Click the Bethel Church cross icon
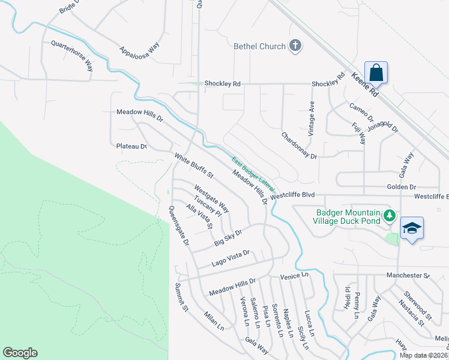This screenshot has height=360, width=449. tap(295, 45)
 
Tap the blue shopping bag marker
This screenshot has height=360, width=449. tap(376, 73)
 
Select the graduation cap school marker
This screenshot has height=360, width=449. tap(412, 228)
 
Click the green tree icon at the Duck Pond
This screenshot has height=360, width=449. tap(390, 215)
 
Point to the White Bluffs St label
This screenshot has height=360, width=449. tap(194, 166)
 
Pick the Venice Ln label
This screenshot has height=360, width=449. tap(294, 275)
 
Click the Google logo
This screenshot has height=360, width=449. tap(20, 353)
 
